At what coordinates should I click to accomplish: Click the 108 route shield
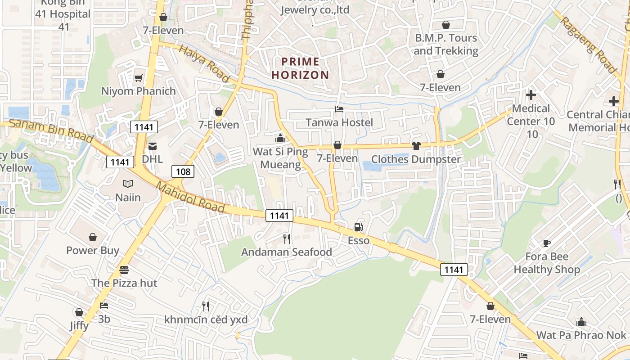coord(183,171)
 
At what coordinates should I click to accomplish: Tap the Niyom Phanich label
coord(139,91)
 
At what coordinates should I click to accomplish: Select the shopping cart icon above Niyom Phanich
coord(139,78)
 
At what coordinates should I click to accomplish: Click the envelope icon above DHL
coord(153,146)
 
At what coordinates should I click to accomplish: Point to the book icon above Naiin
coord(128,184)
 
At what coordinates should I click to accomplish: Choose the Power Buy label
coord(93,250)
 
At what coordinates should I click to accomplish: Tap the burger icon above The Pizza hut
coord(124,270)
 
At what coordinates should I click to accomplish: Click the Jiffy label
coord(79,325)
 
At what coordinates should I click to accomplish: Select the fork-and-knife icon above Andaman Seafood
coord(286,238)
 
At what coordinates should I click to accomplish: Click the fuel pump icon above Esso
coord(358,227)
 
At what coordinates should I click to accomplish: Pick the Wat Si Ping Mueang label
coord(280,158)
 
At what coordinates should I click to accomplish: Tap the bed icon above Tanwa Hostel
coord(339,109)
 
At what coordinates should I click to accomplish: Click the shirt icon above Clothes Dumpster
coord(416,146)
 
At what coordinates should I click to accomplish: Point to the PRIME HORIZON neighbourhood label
coord(300,68)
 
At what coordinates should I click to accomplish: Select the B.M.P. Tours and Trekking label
coord(445,44)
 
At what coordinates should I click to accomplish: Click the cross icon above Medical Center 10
coord(531,95)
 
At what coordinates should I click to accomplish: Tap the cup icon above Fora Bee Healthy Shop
coord(547,243)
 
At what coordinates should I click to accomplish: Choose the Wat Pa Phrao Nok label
coord(581,335)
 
